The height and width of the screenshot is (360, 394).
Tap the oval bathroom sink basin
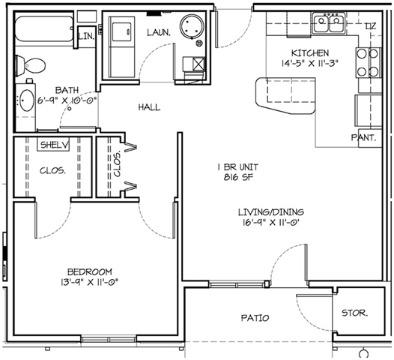click(x=27, y=100)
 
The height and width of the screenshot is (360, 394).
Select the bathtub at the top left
click(x=44, y=28)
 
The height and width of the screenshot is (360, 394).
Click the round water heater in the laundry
click(x=192, y=26)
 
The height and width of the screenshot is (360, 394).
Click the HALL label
click(x=149, y=107)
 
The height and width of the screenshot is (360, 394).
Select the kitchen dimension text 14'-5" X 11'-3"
click(x=310, y=63)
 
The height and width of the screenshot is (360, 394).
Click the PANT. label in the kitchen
click(x=363, y=137)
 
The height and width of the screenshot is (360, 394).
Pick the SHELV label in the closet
click(x=54, y=145)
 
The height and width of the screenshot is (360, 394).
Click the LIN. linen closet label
click(x=86, y=36)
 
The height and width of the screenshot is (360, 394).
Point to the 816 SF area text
click(x=238, y=177)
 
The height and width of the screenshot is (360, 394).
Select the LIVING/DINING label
click(x=271, y=212)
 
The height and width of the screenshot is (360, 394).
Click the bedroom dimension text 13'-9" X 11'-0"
click(x=89, y=282)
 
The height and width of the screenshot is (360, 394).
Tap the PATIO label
click(x=255, y=318)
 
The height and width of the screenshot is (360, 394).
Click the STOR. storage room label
click(x=355, y=313)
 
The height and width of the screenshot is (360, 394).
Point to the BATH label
click(x=67, y=90)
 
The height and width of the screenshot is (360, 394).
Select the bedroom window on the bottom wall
click(x=109, y=339)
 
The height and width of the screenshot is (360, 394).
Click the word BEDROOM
click(x=90, y=271)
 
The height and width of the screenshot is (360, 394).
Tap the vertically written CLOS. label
click(x=118, y=163)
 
